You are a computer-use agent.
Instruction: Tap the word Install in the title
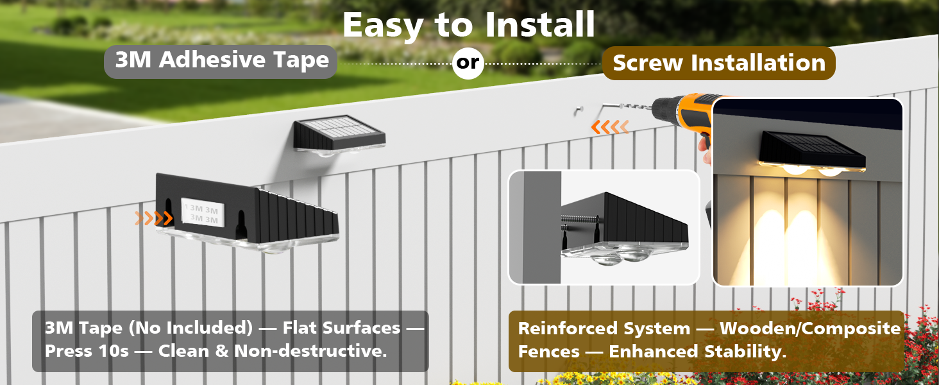[540, 26]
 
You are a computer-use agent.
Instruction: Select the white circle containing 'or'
[468, 63]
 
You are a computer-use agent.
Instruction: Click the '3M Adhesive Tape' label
[221, 61]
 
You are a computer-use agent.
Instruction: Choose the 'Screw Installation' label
[718, 63]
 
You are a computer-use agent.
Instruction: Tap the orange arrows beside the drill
[610, 127]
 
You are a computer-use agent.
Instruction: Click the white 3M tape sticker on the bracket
[201, 213]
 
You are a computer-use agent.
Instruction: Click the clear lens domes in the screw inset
[622, 258]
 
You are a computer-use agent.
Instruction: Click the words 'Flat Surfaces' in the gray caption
[340, 328]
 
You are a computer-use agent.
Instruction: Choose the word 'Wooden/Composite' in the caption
[810, 329]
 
